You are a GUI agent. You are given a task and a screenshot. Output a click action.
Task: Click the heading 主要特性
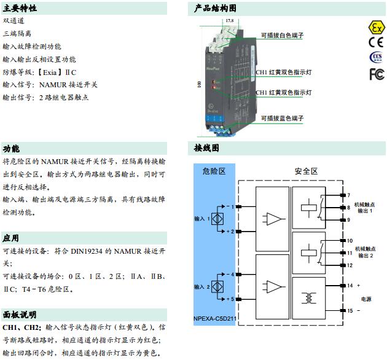click(x=20, y=9)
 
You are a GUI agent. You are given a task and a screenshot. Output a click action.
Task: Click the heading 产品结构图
click(x=215, y=9)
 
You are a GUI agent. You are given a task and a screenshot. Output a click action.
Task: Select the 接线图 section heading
click(x=206, y=149)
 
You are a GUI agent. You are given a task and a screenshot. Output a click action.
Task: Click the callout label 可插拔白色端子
click(x=283, y=36)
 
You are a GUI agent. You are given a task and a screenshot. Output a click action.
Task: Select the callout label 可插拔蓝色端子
click(x=283, y=117)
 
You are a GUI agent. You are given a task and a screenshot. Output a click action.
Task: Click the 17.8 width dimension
click(x=230, y=21)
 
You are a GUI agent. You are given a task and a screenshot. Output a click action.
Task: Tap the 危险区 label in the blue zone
click(x=214, y=171)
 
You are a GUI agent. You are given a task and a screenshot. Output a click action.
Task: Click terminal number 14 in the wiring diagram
click(x=350, y=286)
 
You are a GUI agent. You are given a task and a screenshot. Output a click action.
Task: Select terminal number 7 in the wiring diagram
click(x=348, y=195)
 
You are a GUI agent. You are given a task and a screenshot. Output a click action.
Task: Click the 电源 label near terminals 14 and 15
click(x=365, y=299)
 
